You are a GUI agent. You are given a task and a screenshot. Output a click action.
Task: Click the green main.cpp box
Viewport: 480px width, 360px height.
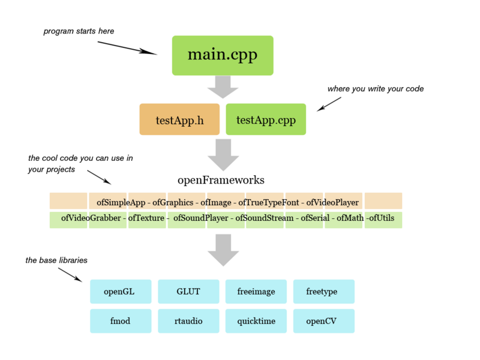223,55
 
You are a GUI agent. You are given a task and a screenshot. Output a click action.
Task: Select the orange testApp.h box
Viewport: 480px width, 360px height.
179,119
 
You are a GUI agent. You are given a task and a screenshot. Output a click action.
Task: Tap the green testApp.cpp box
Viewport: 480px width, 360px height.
265,119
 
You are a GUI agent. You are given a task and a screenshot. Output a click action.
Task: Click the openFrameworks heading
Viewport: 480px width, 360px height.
221,179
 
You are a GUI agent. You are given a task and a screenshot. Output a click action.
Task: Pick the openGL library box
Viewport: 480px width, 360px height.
119,292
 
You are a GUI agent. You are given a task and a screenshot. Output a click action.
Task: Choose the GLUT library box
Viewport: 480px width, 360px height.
188,292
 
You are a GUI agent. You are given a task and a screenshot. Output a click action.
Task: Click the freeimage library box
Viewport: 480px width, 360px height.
256,292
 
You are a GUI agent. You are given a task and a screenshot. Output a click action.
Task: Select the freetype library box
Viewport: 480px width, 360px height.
323,292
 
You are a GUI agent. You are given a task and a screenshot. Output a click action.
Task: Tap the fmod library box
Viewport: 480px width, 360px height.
120,321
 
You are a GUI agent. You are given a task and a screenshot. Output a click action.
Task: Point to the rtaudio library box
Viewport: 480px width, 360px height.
188,321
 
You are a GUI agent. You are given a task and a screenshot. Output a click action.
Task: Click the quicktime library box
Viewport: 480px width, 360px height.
256,321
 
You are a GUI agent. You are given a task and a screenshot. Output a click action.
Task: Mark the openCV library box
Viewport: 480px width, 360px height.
323,321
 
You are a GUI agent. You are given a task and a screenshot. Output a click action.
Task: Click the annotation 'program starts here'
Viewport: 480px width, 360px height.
79,31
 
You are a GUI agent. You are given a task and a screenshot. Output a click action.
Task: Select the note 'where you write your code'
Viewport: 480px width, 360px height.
376,89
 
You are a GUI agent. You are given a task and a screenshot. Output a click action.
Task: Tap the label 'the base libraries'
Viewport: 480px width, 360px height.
56,260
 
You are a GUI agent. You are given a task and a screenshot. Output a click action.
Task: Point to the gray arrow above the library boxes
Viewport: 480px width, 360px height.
223,250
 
